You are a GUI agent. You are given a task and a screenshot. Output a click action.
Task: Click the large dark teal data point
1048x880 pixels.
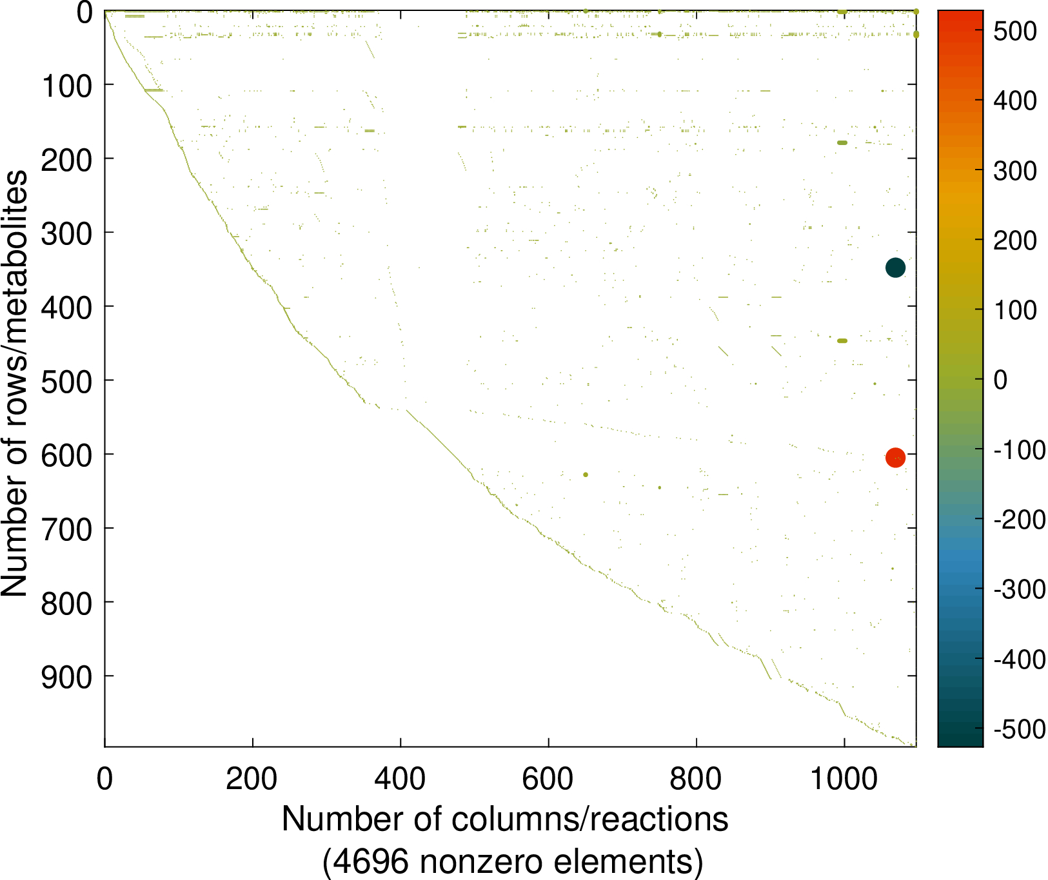(x=895, y=268)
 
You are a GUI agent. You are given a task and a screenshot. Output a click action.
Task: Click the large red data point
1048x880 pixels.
(x=895, y=457)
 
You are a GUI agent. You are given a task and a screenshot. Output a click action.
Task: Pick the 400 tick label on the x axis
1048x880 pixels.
(x=400, y=779)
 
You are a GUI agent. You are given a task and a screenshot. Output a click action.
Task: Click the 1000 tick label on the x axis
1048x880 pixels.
(x=844, y=779)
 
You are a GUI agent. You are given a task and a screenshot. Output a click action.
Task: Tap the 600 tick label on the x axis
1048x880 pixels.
(x=548, y=779)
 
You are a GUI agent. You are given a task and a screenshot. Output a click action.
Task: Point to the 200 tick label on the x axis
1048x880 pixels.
(x=252, y=779)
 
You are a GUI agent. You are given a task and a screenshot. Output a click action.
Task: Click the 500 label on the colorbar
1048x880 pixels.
(x=1014, y=31)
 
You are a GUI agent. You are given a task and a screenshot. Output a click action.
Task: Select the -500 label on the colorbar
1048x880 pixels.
(x=1019, y=729)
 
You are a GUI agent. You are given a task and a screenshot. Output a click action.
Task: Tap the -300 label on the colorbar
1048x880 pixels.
(x=1019, y=589)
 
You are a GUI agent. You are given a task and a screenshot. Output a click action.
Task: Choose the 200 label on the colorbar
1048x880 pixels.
(x=1014, y=240)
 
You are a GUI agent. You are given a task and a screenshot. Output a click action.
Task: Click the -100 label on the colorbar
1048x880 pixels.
(x=1019, y=449)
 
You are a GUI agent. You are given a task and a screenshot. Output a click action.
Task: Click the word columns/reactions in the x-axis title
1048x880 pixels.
(x=589, y=819)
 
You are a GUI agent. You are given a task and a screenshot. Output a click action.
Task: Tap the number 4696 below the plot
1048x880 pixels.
(x=365, y=861)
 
